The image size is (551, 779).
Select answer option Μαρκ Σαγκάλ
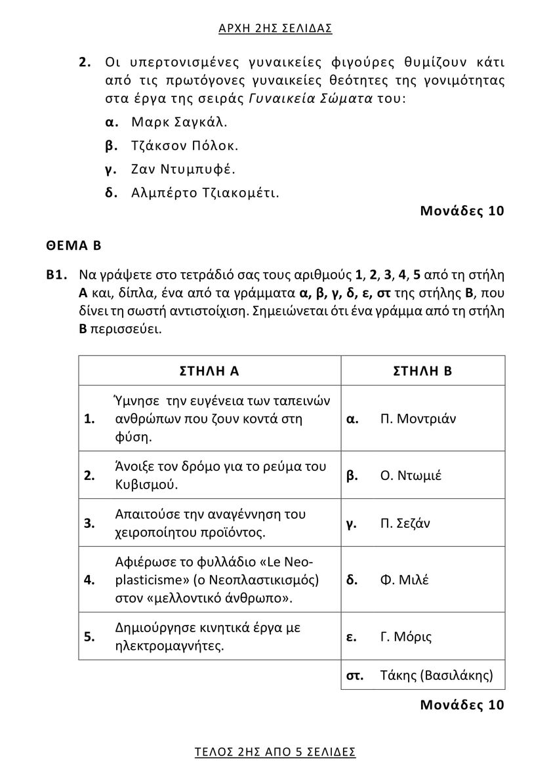click(179, 122)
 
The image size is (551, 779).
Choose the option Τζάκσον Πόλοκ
click(185, 146)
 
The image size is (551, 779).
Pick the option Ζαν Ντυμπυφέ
click(183, 169)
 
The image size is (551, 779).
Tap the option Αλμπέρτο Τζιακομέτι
click(205, 193)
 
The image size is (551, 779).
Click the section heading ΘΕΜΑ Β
click(73, 246)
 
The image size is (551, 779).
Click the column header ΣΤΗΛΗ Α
click(209, 370)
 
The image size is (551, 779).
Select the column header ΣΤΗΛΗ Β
click(422, 370)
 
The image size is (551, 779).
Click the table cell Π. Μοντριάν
click(417, 418)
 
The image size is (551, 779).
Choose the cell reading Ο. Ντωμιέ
click(411, 475)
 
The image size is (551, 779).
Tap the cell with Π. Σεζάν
click(405, 523)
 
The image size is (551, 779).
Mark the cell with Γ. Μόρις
click(405, 637)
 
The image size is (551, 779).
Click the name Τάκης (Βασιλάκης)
click(436, 675)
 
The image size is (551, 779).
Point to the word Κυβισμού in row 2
click(146, 485)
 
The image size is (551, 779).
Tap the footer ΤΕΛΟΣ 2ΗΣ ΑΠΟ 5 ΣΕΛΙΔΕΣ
click(275, 751)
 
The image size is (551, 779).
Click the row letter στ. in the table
click(354, 675)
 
